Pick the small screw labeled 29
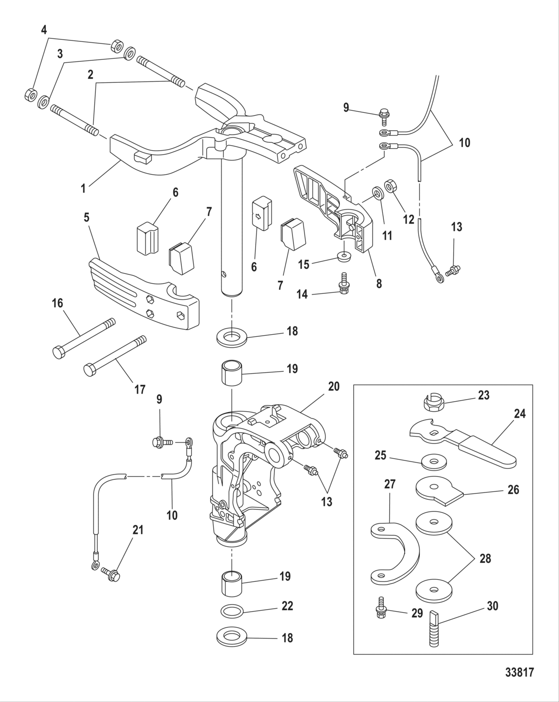click(380, 612)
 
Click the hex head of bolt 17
click(90, 370)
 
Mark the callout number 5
click(86, 218)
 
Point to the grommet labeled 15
click(344, 256)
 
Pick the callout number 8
click(379, 283)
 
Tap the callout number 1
click(84, 189)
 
